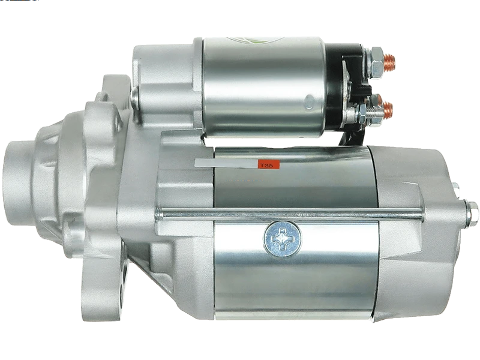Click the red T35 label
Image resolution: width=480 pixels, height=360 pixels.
[x=269, y=164]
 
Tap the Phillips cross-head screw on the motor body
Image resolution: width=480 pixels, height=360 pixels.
[x=283, y=238]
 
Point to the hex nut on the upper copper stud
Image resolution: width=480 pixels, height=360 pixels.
[x=376, y=62]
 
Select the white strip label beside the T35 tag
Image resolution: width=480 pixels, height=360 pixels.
[x=226, y=163]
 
